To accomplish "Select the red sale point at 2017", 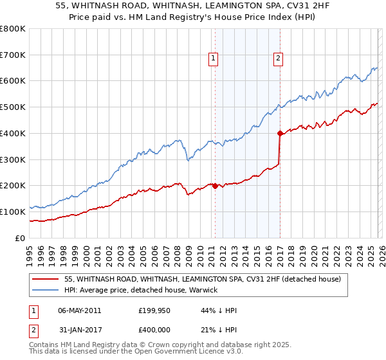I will pos(280,134).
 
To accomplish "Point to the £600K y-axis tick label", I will pos(13,81).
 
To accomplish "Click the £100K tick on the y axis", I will pos(13,212).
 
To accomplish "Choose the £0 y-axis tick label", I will pos(19,238).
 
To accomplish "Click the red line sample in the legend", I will pos(46,279).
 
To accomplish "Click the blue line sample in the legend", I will pos(46,290).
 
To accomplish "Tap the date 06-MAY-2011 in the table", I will pos(80,310).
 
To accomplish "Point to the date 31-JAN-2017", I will pos(80,330).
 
